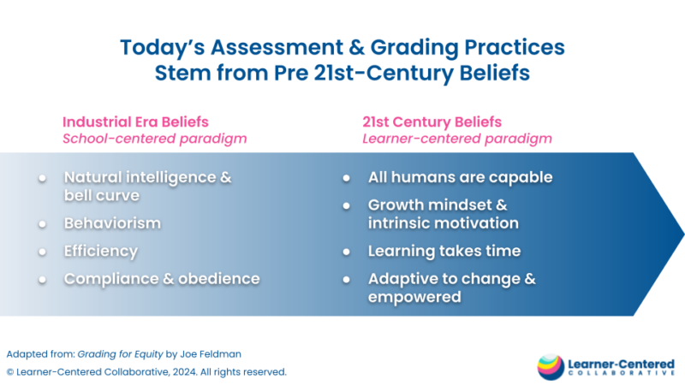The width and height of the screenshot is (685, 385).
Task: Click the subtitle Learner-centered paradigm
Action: [457, 138]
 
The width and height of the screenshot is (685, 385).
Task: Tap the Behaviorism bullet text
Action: [112, 222]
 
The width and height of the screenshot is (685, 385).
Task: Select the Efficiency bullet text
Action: [100, 251]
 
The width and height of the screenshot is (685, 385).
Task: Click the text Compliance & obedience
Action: [162, 279]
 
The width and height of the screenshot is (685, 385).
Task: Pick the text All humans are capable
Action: [460, 177]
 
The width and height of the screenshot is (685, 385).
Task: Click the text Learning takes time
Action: [444, 251]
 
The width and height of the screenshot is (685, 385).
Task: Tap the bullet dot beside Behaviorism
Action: [43, 222]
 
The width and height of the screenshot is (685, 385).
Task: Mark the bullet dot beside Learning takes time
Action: [347, 251]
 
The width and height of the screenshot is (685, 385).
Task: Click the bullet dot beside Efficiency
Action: [43, 251]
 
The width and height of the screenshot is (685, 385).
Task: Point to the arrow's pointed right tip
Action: [682, 234]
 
